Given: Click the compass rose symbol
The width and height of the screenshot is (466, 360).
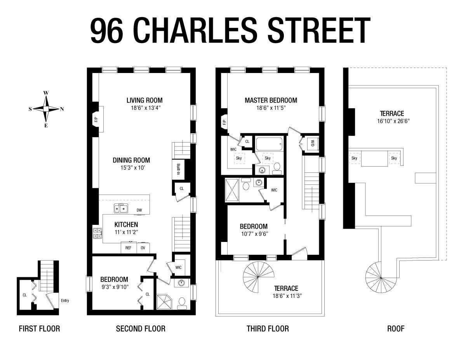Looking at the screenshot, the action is tap(46, 109).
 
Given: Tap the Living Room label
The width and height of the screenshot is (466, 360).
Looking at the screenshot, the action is tap(144, 100).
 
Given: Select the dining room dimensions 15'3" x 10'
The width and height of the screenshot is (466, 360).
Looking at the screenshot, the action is tap(133, 167).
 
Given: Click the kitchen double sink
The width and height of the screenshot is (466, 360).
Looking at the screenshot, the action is tap(121, 209).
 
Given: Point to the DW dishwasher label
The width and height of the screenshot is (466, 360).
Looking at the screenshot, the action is tap(139, 210).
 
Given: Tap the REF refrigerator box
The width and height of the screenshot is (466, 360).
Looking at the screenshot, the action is tap(129, 248).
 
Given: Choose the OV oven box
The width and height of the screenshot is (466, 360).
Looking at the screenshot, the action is tap(143, 248).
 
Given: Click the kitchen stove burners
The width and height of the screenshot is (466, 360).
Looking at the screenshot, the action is tap(97, 233).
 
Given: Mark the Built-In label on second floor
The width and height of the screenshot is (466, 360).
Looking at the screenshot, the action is tap(178, 169).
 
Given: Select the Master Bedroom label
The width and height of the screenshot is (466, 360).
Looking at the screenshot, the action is tap(271, 100).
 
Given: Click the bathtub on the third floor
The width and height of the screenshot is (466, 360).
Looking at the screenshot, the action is tap(269, 144).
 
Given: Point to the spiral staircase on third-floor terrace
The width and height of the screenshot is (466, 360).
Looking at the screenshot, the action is tap(258, 277).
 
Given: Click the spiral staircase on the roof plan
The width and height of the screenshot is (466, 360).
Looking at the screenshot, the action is tap(381, 278).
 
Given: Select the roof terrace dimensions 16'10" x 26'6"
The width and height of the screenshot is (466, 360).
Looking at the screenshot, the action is tap(393, 121).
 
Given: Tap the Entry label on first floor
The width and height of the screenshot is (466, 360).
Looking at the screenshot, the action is tap(65, 301).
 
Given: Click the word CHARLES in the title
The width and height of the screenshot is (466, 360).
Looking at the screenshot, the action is tap(196, 30).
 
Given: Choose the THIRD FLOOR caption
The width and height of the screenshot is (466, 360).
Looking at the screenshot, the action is tap(268, 329).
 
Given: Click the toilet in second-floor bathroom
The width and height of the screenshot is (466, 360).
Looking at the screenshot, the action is tap(182, 303).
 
